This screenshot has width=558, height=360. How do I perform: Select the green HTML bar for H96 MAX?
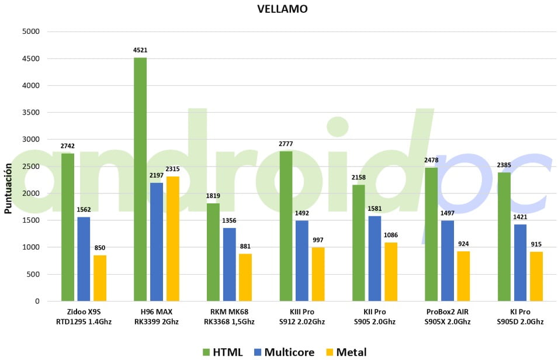tap(140, 179)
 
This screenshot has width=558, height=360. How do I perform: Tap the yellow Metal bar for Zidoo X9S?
tap(100, 278)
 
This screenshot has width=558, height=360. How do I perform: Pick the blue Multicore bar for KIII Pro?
tap(302, 261)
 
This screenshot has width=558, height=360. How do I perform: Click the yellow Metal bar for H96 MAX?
tap(173, 238)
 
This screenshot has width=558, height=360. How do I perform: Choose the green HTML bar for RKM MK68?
tap(213, 252)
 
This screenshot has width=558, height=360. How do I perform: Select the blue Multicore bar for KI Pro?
tap(520, 262)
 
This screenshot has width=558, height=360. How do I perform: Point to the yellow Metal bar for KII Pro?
tap(391, 272)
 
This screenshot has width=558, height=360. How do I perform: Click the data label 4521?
tap(140, 51)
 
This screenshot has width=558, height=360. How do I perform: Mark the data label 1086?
tap(391, 236)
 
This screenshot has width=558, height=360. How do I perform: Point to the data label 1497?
tap(448, 213)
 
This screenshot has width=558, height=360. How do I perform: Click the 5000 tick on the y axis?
tap(30, 32)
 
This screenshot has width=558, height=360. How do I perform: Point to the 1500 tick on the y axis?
tap(30, 220)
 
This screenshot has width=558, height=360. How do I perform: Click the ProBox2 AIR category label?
tap(448, 316)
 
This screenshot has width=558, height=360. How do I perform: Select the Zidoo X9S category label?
tap(84, 316)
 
